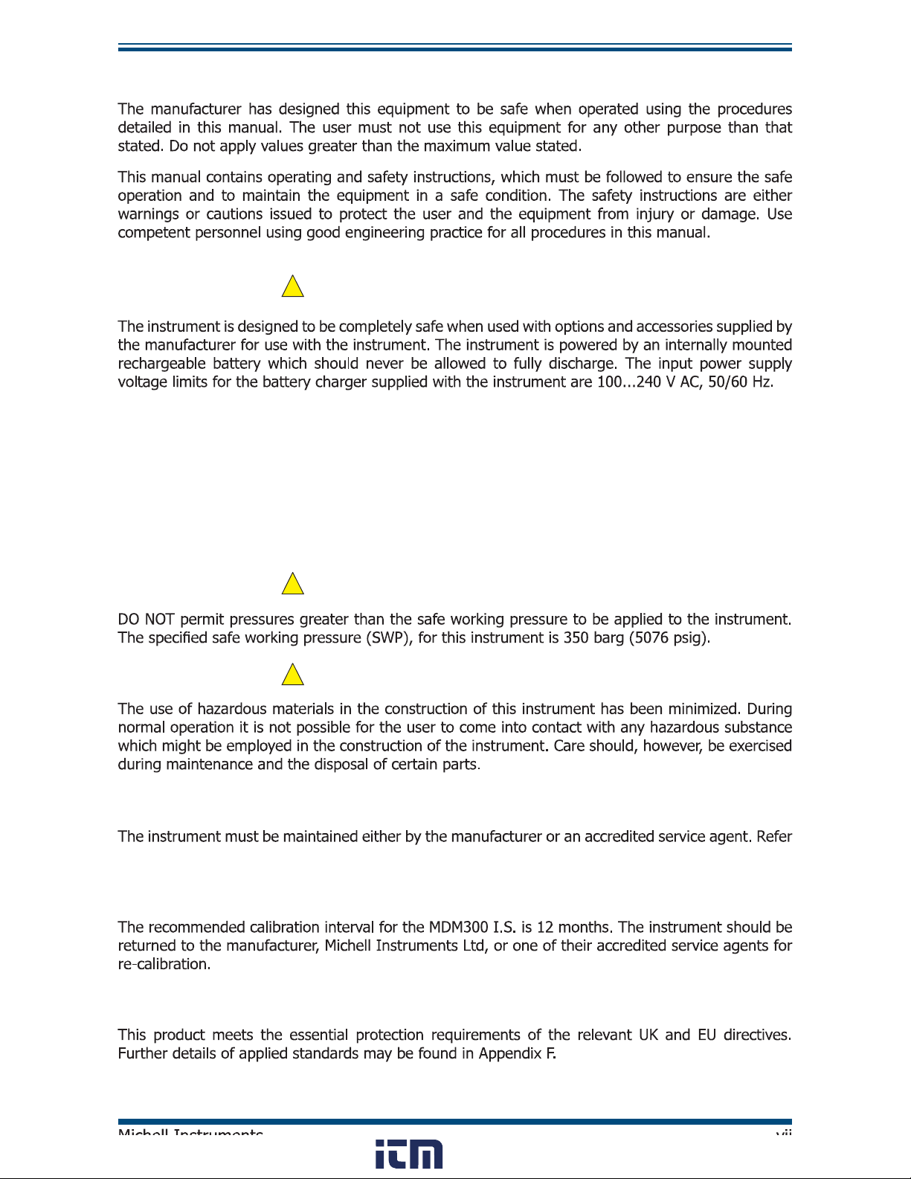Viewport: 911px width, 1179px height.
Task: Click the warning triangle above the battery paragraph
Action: coord(293,287)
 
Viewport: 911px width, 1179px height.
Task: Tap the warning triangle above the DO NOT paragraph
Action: coord(293,584)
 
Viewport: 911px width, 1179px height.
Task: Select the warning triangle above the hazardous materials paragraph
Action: coord(293,675)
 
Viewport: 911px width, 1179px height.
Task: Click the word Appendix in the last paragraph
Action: coord(509,1053)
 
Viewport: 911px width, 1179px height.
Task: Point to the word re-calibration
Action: coord(164,964)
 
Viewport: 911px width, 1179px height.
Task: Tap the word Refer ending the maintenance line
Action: coord(774,837)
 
